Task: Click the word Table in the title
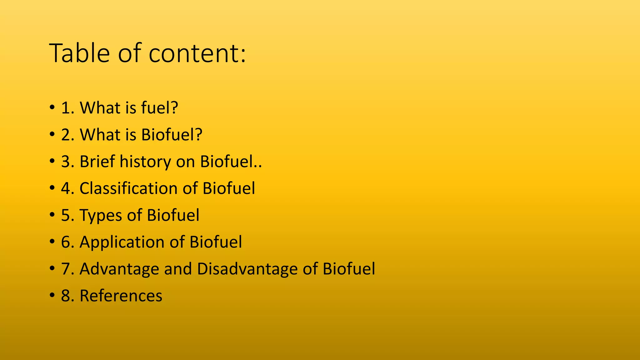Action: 79,53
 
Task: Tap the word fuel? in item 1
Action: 159,108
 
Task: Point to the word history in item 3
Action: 145,162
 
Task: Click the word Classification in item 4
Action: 128,188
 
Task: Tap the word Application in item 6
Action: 122,242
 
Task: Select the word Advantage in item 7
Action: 119,269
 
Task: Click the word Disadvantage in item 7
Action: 247,269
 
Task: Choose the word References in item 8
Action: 121,296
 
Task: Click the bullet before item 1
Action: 52,108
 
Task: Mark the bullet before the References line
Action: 52,296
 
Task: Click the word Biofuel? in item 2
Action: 172,135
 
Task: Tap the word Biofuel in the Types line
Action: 173,215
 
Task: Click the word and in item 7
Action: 178,269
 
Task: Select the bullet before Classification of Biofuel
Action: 52,189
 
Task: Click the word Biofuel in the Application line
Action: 216,242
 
